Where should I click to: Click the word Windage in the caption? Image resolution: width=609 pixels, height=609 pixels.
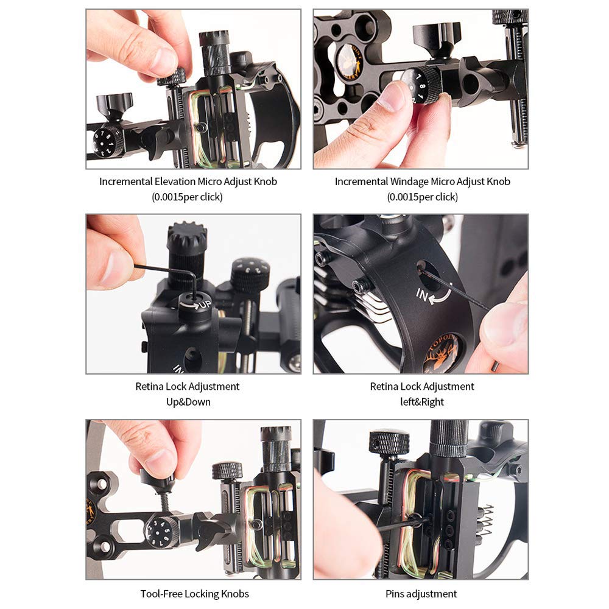pos(409,181)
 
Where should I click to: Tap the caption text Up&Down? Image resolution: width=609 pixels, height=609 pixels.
pos(188,401)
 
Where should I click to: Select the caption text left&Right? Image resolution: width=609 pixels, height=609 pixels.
pos(422,401)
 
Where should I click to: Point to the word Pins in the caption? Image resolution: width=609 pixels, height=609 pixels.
pos(395,593)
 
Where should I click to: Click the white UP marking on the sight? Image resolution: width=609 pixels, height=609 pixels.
pos(205,304)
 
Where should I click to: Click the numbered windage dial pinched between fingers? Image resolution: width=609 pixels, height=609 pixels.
pos(421,85)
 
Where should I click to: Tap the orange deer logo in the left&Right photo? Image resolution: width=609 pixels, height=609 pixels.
pos(443,353)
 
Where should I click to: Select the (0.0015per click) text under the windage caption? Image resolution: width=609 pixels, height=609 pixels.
pos(422,197)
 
